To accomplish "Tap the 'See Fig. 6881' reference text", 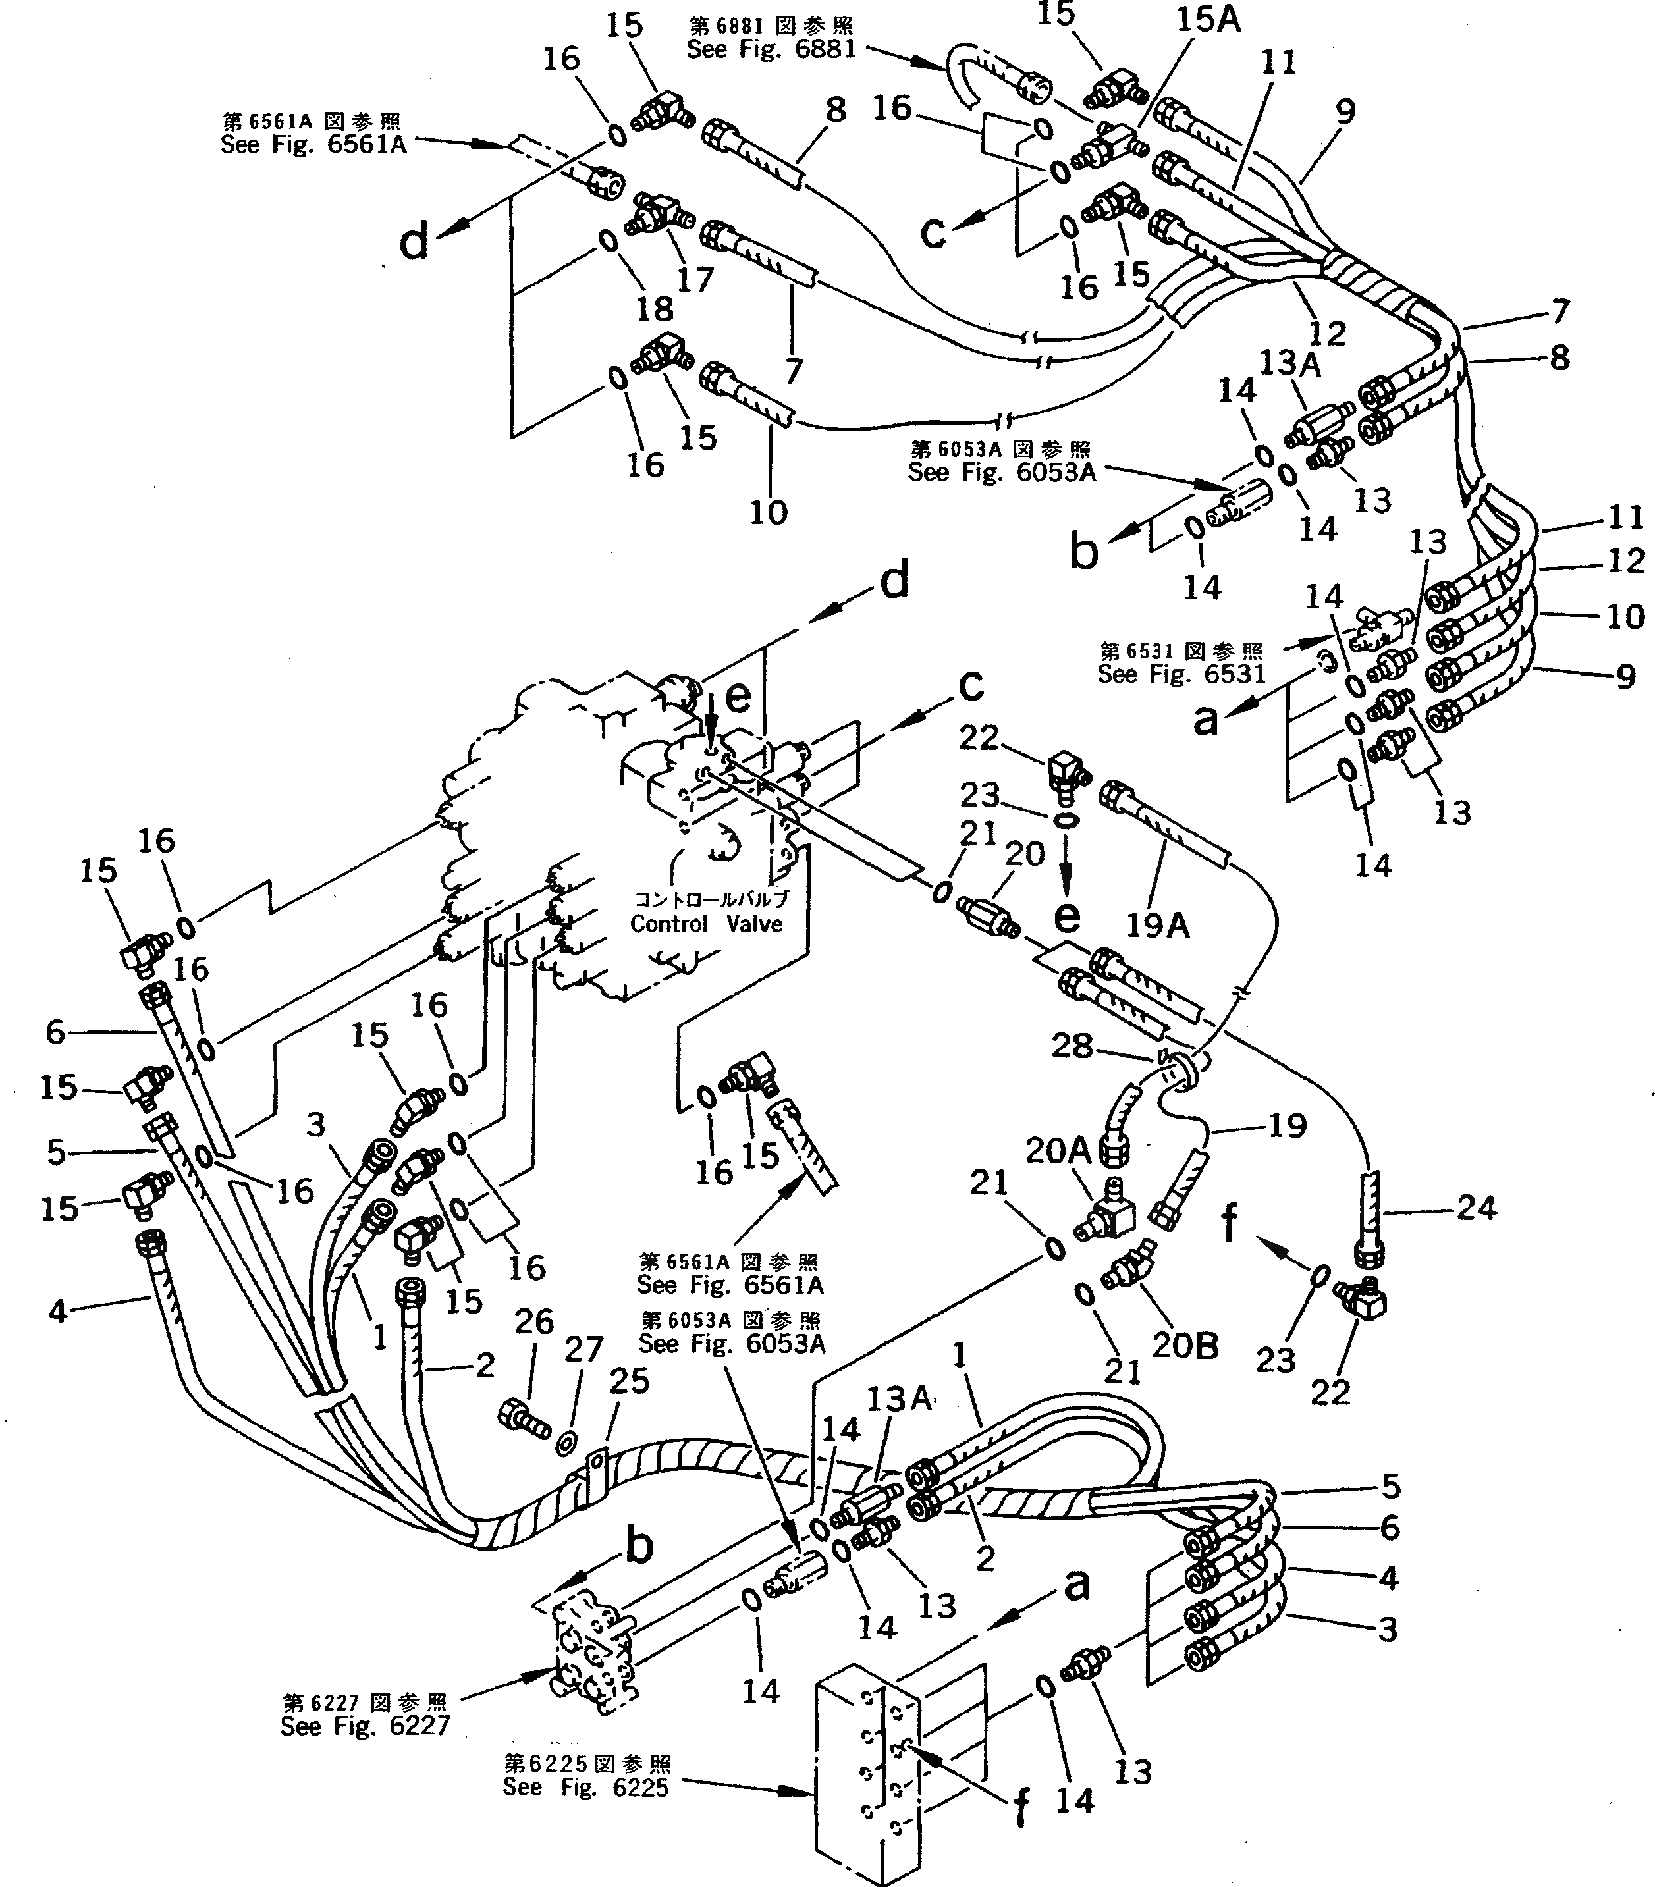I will point(772,49).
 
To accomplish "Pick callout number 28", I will point(1072,1046).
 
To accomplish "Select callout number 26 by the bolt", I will point(534,1321).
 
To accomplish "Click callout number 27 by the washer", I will point(583,1350).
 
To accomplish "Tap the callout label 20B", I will point(1185,1346).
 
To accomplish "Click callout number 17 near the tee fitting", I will point(695,278).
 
